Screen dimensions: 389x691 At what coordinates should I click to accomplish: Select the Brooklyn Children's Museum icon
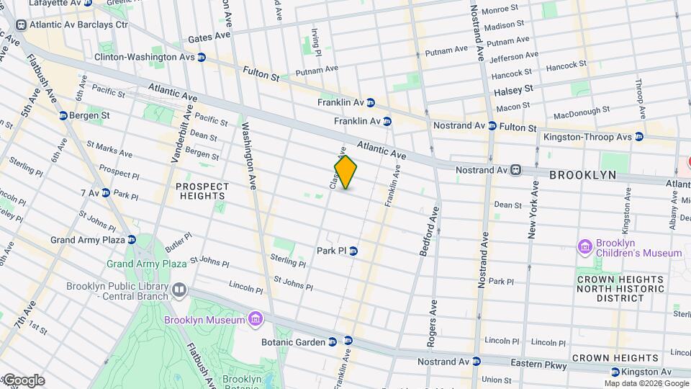pyautogui.click(x=585, y=248)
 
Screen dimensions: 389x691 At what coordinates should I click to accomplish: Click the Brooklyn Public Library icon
pyautogui.click(x=179, y=290)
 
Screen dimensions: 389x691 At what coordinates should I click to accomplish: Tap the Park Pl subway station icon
pyautogui.click(x=353, y=251)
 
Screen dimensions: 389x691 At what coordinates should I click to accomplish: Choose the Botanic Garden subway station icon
pyautogui.click(x=332, y=342)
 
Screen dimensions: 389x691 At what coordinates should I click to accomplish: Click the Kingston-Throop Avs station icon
pyautogui.click(x=639, y=137)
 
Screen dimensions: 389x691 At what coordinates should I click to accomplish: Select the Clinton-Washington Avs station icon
pyautogui.click(x=202, y=57)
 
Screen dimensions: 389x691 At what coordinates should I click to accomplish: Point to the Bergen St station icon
pyautogui.click(x=63, y=115)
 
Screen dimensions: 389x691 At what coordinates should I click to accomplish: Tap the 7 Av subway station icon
pyautogui.click(x=105, y=193)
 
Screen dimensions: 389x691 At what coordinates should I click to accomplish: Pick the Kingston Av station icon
pyautogui.click(x=615, y=372)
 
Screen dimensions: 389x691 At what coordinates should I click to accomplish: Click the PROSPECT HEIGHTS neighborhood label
pyautogui.click(x=202, y=191)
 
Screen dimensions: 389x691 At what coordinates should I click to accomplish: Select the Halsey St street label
pyautogui.click(x=513, y=91)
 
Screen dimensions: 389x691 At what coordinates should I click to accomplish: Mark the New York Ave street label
pyautogui.click(x=533, y=210)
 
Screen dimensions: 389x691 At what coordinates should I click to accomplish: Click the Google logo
pyautogui.click(x=23, y=380)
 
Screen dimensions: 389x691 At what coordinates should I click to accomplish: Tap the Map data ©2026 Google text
pyautogui.click(x=646, y=383)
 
